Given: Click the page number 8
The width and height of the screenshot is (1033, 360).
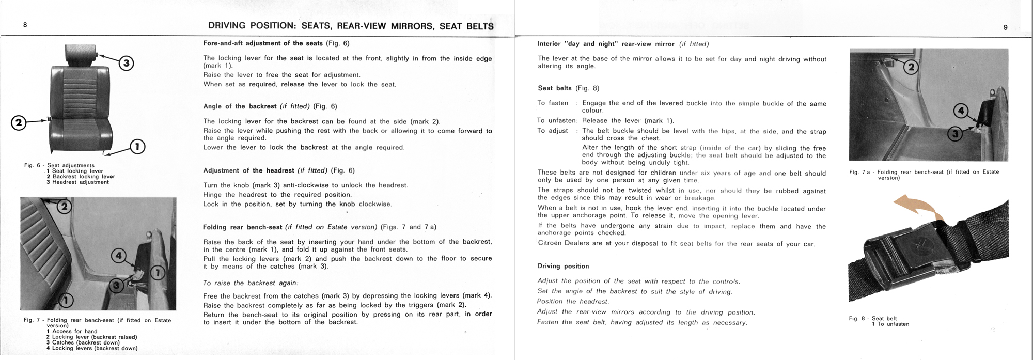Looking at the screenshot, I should (x=25, y=25).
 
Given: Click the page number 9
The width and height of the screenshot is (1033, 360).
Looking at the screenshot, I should (x=1005, y=27).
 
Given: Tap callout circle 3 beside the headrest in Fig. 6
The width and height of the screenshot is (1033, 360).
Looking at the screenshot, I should (x=127, y=64).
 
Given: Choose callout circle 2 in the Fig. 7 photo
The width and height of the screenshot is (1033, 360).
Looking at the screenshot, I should (x=64, y=207).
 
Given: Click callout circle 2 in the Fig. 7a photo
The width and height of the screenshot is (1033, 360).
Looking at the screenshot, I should (x=911, y=68).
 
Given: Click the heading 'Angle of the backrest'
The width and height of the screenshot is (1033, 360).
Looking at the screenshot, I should (x=240, y=106).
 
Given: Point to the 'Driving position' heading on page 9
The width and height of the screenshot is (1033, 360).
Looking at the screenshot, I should (x=563, y=266).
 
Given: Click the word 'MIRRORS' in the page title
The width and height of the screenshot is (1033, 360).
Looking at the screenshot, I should (x=409, y=26).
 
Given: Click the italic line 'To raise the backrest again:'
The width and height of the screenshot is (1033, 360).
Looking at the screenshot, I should (x=251, y=283).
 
